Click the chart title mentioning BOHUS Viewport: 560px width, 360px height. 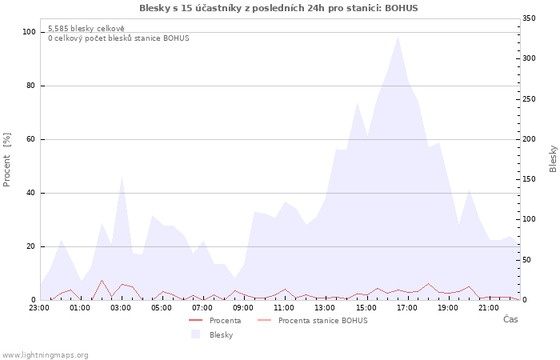(278, 8)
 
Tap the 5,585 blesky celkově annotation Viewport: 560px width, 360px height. (86, 28)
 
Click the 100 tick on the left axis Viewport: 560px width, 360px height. (30, 32)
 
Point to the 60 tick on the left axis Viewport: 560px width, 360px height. (32, 139)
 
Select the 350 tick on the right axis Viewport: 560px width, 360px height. (529, 18)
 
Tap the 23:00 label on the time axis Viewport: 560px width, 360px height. (39, 307)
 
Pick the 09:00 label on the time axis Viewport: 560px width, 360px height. (244, 307)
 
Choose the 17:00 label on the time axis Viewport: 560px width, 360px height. (407, 307)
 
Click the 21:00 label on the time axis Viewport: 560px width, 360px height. (489, 307)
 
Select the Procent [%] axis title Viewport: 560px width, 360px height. (7, 160)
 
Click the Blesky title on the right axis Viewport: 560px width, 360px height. (553, 158)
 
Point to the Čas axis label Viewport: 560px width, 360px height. (510, 319)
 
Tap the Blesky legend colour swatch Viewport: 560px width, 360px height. (195, 334)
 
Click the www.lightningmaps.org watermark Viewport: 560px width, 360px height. (45, 354)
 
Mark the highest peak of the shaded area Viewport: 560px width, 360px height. (398, 37)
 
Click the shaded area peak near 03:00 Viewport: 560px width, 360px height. (122, 177)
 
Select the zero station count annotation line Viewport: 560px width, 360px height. (118, 38)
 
